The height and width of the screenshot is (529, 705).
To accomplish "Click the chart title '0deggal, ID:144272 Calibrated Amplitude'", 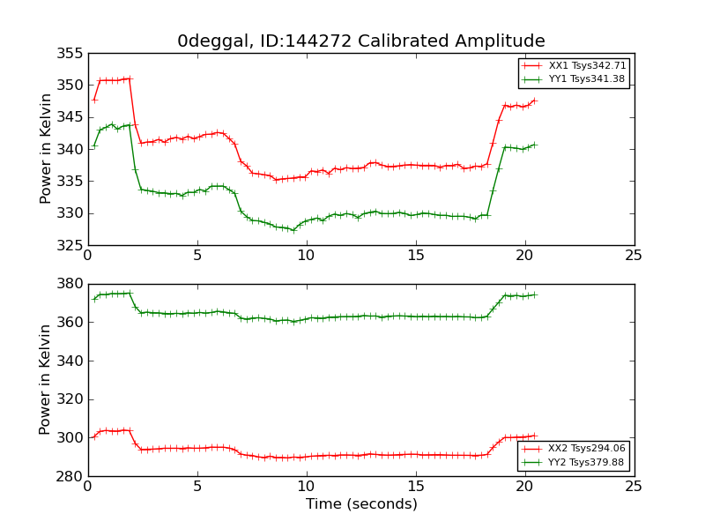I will (361, 41).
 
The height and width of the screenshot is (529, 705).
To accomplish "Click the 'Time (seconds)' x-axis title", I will (361, 504).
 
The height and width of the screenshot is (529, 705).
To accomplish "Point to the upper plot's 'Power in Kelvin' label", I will (47, 149).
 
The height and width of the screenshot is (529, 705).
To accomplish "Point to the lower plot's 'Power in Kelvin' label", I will (47, 379).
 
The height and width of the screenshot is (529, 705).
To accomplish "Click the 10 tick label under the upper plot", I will (306, 256).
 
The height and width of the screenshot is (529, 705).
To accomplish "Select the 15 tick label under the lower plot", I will (416, 487).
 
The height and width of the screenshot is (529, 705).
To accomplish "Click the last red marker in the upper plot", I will (534, 101).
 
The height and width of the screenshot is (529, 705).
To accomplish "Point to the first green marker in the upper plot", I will (94, 146).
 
